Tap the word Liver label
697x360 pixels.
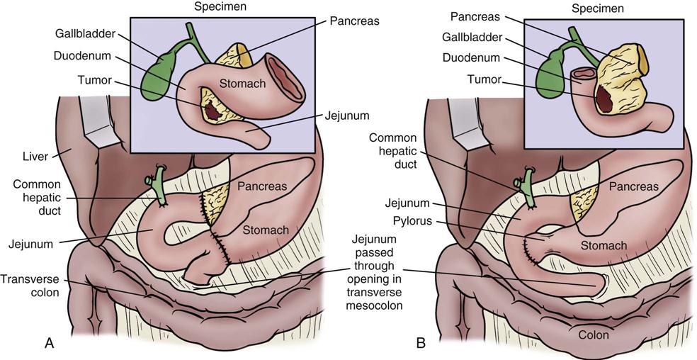tap(35, 157)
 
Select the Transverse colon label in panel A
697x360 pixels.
tap(29, 286)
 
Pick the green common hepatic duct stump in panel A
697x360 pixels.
tap(158, 187)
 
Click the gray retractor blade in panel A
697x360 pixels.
tap(95, 117)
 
